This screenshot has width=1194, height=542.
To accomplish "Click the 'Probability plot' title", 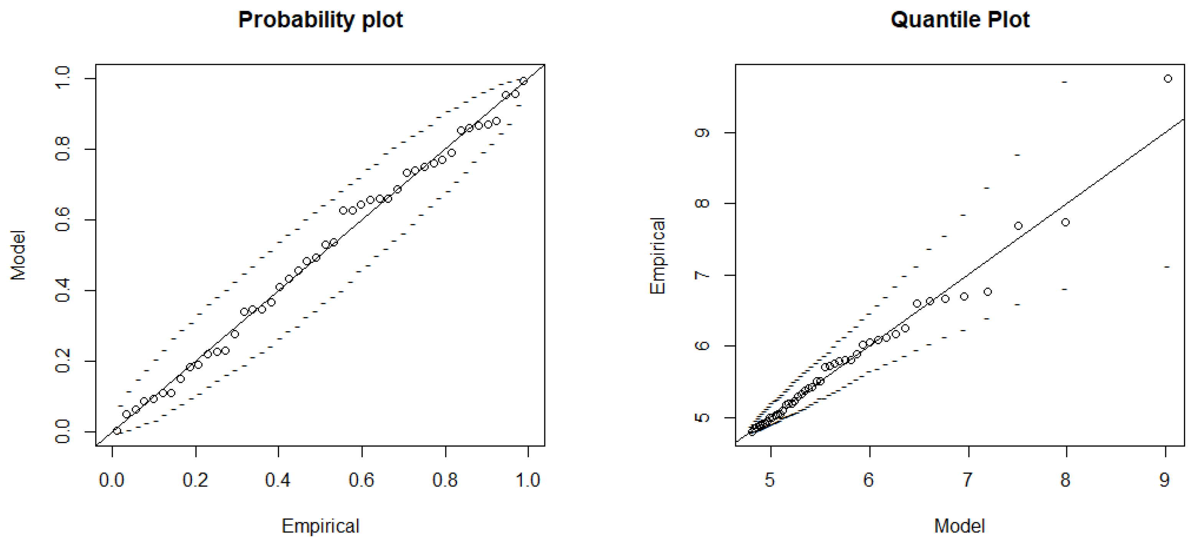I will coord(320,20).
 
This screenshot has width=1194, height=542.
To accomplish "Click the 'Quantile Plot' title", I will coord(960,20).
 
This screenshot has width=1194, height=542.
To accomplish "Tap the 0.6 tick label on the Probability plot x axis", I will coord(361,480).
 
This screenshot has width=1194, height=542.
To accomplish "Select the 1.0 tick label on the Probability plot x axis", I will coord(528,480).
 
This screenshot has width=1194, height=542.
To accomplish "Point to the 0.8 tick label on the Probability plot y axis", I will coord(62,149).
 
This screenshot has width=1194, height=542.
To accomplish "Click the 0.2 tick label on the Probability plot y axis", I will coord(62,361).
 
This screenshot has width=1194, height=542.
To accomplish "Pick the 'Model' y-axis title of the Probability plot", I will coord(18,255).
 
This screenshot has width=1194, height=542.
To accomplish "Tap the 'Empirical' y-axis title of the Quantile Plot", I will coord(658,255).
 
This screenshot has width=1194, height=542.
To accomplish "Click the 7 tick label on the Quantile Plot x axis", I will coord(968,480).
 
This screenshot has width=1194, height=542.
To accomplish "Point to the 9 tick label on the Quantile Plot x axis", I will coord(1165,480).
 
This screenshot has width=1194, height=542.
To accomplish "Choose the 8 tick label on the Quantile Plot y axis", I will coord(702,204).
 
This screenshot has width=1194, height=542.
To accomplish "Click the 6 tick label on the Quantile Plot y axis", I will coord(702,346).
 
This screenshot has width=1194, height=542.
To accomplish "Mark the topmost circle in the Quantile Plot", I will coord(1168,79).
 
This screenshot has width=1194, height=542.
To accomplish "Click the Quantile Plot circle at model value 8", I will coord(1065,222).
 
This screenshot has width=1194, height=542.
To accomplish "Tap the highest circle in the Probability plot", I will coord(524,81).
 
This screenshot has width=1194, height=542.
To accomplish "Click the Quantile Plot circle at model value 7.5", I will coord(1018,226).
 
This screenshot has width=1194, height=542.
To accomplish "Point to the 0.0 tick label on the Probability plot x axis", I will coord(112,480).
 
